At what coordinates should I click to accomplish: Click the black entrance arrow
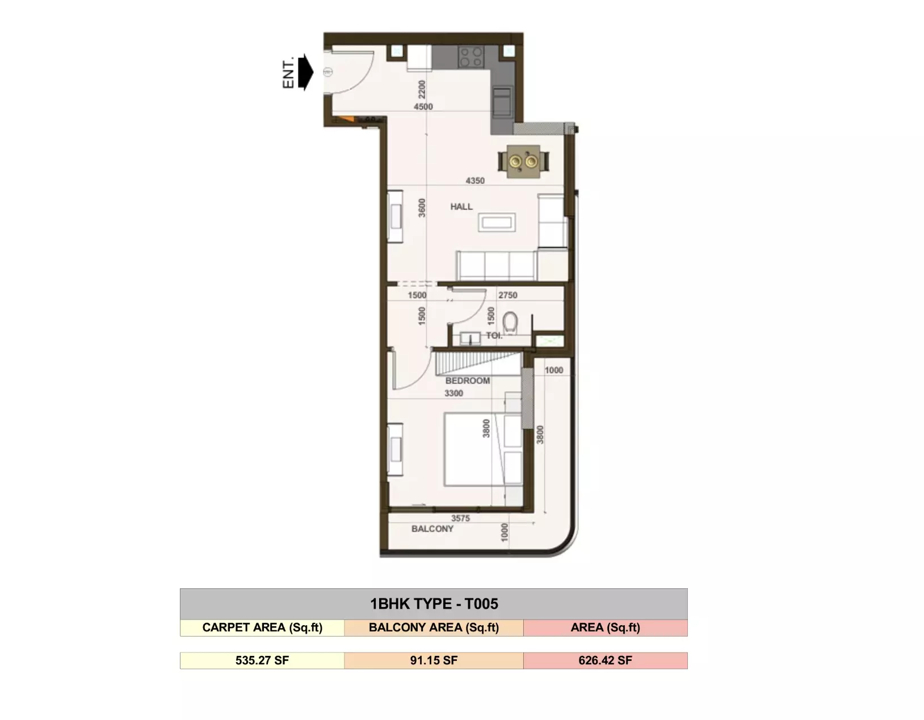[306, 72]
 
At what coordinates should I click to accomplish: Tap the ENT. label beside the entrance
[288, 72]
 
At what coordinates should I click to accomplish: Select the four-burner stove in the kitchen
[471, 57]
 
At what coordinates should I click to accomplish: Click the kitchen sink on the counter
[502, 102]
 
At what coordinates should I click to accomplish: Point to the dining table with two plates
[523, 162]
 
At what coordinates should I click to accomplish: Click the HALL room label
[461, 207]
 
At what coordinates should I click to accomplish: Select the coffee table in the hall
[497, 223]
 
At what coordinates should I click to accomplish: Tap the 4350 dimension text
[475, 181]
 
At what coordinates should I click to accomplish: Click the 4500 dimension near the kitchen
[423, 107]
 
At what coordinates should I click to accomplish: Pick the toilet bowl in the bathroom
[510, 323]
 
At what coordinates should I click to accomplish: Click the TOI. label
[494, 336]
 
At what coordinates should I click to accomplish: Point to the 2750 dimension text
[508, 295]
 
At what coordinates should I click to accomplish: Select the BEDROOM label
[467, 380]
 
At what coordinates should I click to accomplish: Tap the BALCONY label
[432, 529]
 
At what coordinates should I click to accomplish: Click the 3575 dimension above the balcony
[460, 518]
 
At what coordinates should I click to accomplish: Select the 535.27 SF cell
[262, 660]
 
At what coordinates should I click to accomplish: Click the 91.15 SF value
[434, 660]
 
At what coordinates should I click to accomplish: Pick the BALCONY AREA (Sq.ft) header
[434, 627]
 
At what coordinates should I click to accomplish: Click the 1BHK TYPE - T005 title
[434, 604]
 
